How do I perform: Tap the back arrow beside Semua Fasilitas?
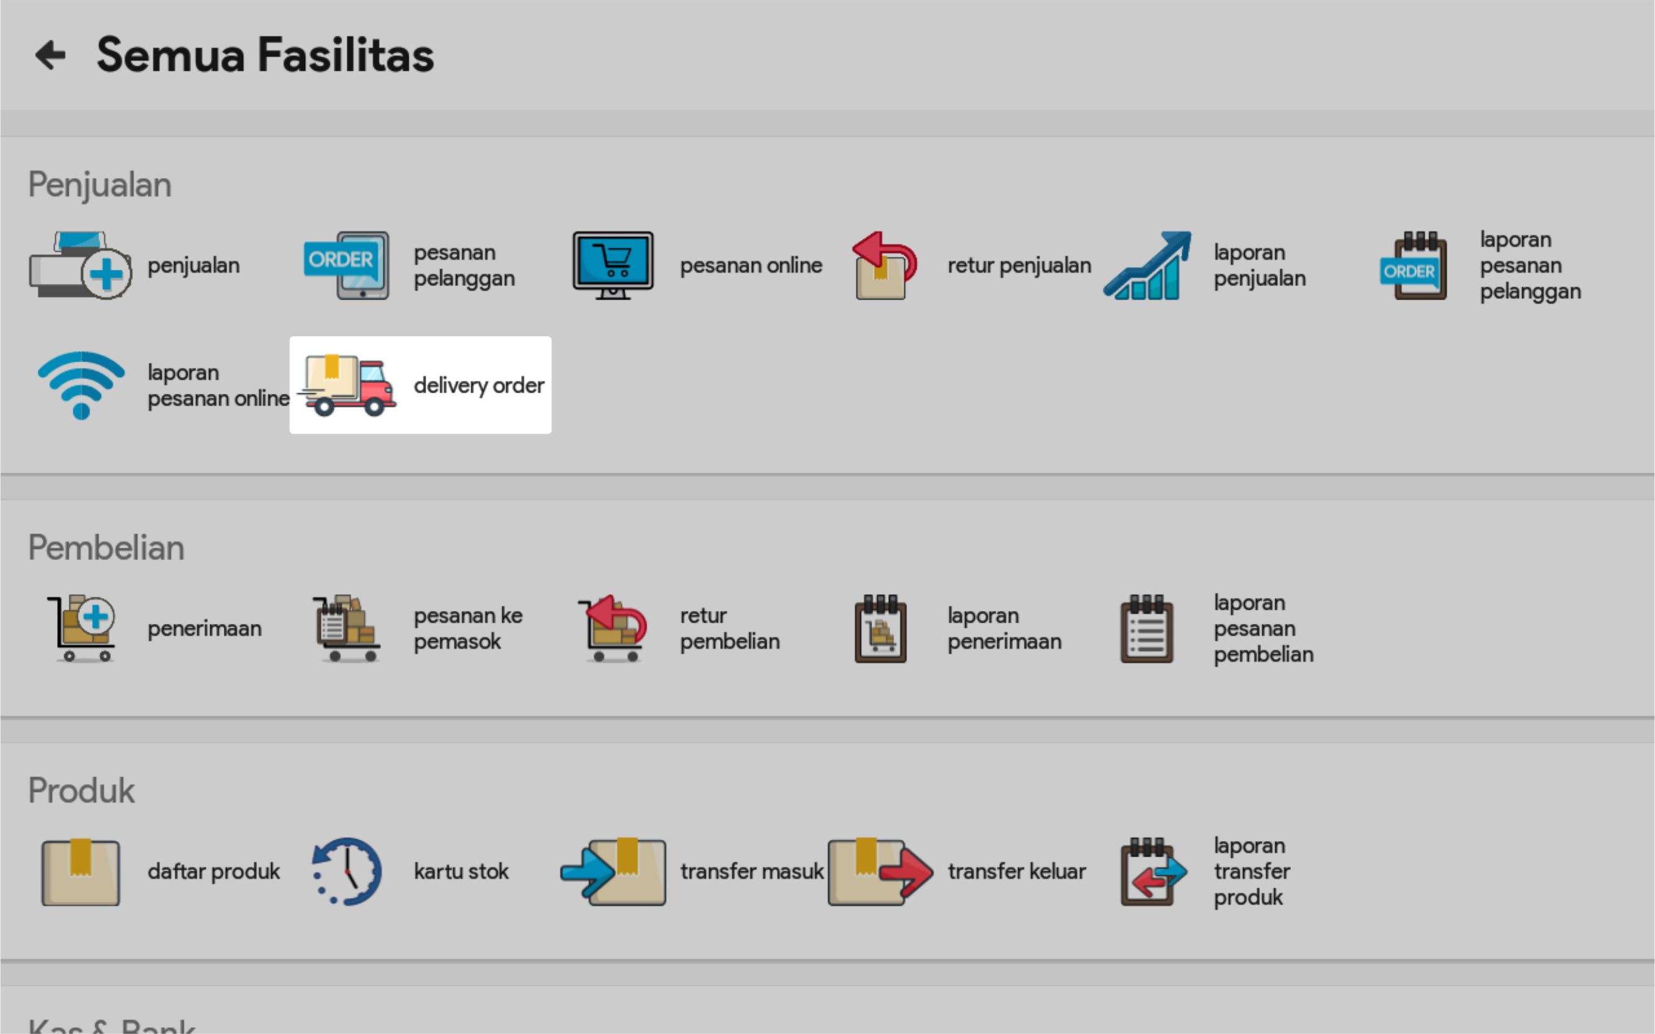(51, 55)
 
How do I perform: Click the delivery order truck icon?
(348, 385)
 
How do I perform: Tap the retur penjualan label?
(1019, 265)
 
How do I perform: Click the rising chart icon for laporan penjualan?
(1148, 265)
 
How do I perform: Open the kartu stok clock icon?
(347, 871)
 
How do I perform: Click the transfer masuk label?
(752, 871)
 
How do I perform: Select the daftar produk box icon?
(81, 872)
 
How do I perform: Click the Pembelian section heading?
(106, 548)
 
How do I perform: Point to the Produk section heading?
(81, 791)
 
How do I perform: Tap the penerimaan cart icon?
(83, 628)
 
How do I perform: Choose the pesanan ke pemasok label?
(468, 628)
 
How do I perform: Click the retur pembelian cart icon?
(613, 628)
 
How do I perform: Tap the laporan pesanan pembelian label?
(1263, 628)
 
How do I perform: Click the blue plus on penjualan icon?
(106, 274)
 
